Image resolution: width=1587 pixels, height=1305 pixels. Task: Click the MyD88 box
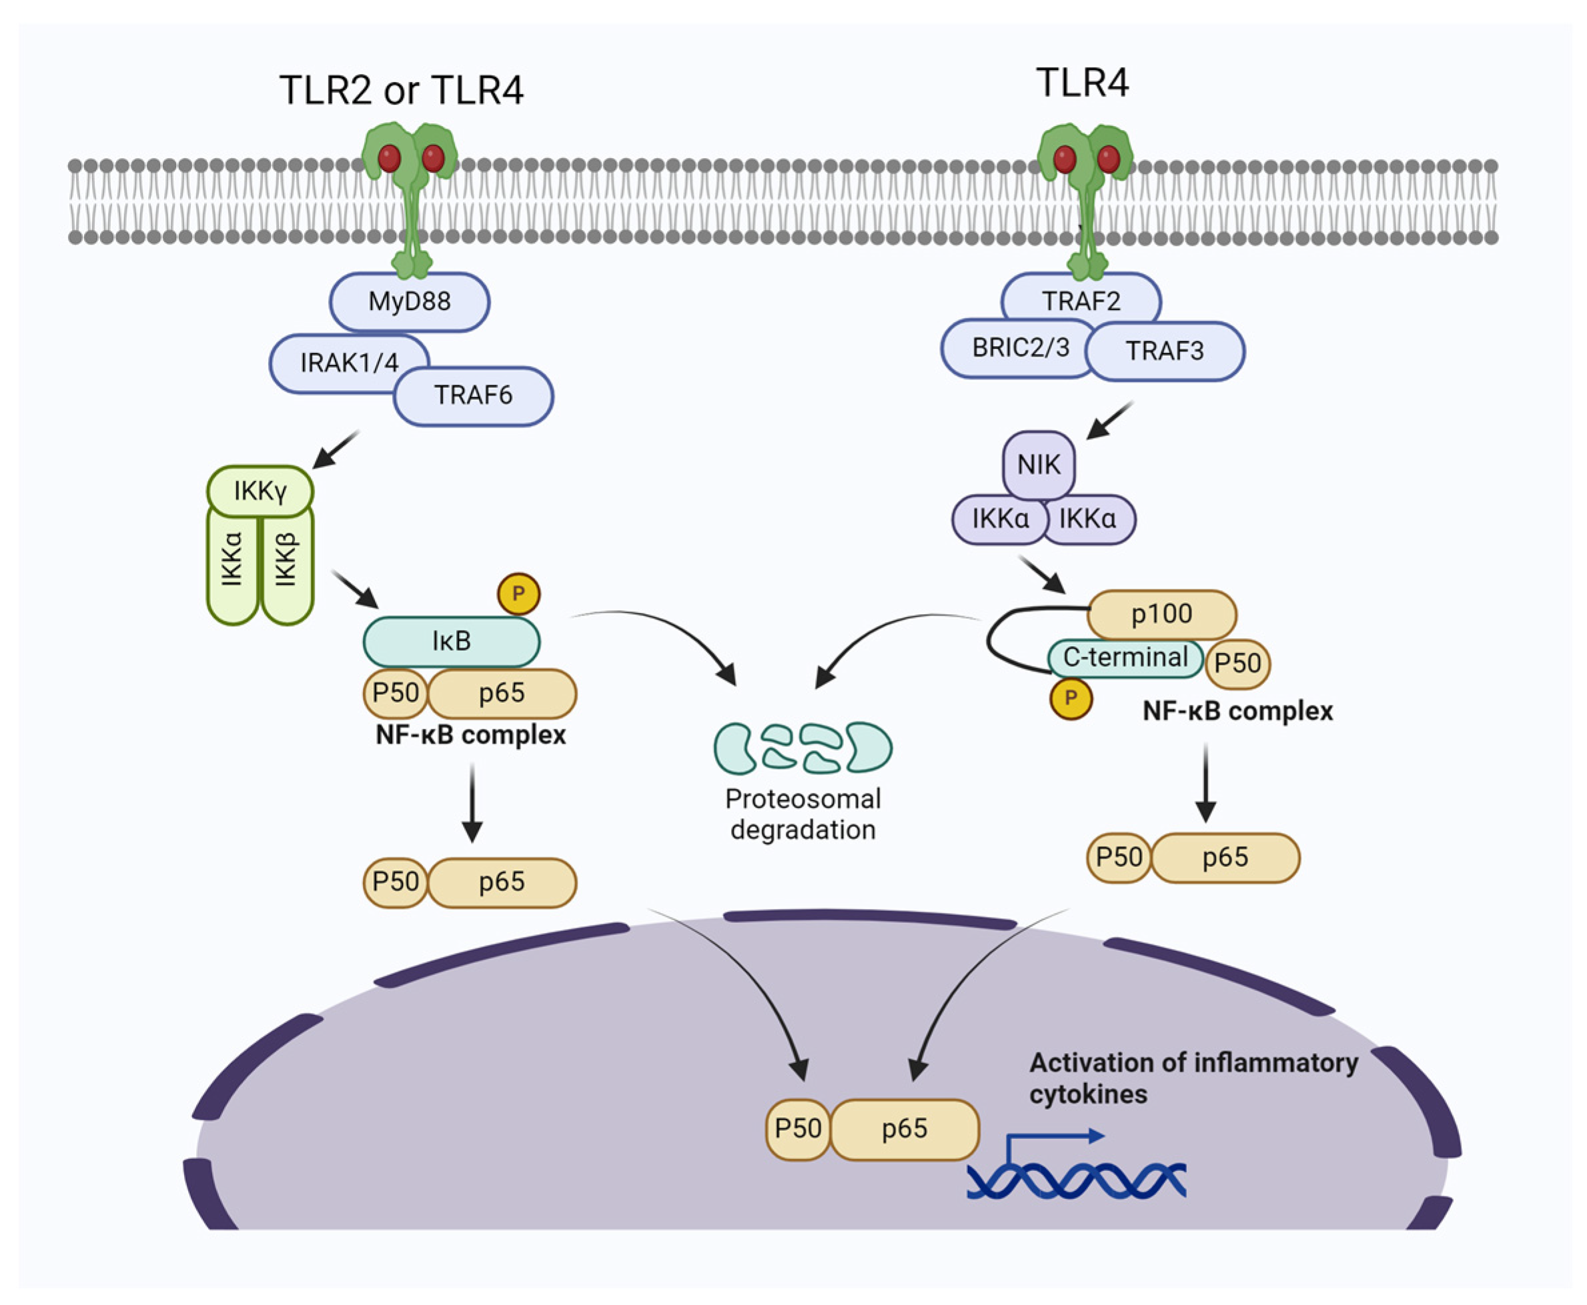(409, 301)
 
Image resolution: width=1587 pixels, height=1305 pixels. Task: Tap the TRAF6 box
(473, 395)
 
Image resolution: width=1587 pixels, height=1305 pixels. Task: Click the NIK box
(1039, 465)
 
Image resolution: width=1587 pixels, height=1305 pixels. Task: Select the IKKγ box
(260, 491)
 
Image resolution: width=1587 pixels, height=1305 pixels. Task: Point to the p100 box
(1161, 614)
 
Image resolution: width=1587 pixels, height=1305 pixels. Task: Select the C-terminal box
(1125, 658)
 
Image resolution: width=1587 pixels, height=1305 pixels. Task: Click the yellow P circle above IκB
(518, 594)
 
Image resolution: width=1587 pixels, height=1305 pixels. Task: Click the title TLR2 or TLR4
(401, 90)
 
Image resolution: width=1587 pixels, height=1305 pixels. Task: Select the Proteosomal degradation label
(803, 814)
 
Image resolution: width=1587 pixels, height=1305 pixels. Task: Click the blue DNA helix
(1075, 1181)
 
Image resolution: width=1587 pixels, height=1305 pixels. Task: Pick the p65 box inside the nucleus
(904, 1128)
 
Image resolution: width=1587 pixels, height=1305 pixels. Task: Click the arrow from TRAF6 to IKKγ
(336, 449)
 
